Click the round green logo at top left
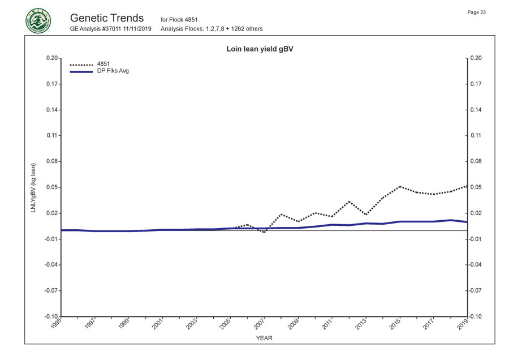(38, 21)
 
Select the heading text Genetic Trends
(107, 18)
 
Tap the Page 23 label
(476, 12)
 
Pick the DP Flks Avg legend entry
(113, 71)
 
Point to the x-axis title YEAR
(264, 338)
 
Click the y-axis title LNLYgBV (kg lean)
(33, 188)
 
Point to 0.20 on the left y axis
(51, 58)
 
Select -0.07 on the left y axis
(50, 291)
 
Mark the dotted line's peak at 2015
(399, 186)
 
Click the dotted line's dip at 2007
(264, 232)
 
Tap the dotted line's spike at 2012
(349, 202)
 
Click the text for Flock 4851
(179, 20)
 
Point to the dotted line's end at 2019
(467, 186)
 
